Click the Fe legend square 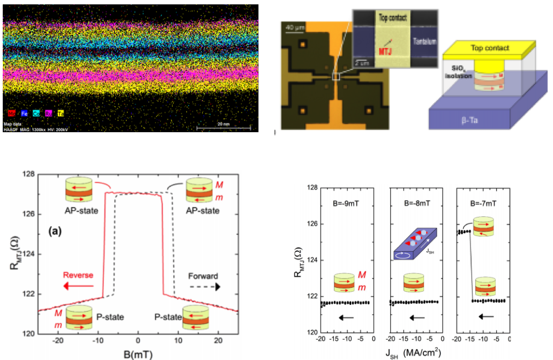point(25,114)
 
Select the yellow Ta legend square point(61,114)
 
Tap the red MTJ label point(371,52)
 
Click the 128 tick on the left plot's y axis point(26,174)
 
